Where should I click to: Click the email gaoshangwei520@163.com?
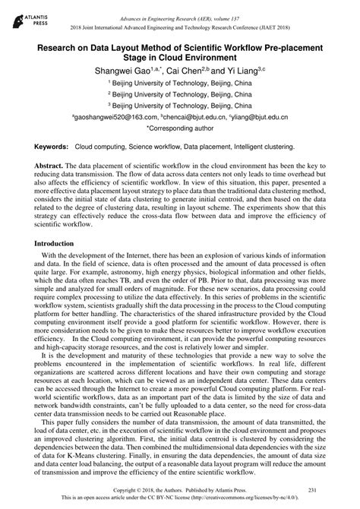click(116, 119)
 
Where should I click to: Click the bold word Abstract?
click(48, 164)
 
